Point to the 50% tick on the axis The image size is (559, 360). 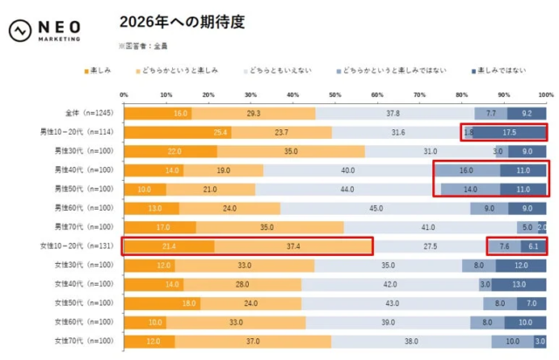click(335, 94)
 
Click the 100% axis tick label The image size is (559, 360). click(545, 94)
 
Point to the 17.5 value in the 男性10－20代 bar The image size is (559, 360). click(509, 133)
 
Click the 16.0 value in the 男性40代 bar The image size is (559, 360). click(466, 170)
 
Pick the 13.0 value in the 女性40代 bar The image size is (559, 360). click(520, 283)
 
